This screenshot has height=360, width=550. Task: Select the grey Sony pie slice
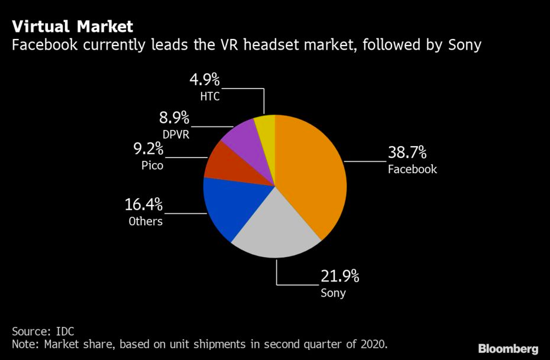275,228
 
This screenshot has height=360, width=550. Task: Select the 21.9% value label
340,276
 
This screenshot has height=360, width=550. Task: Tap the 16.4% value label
144,205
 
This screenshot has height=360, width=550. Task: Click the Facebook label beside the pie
412,170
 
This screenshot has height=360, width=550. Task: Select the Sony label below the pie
333,293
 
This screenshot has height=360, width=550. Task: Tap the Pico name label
152,166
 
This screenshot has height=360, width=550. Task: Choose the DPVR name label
176,134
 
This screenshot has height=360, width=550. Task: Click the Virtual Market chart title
72,27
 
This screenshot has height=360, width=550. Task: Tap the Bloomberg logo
508,348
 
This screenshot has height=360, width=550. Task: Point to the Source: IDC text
43,330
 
